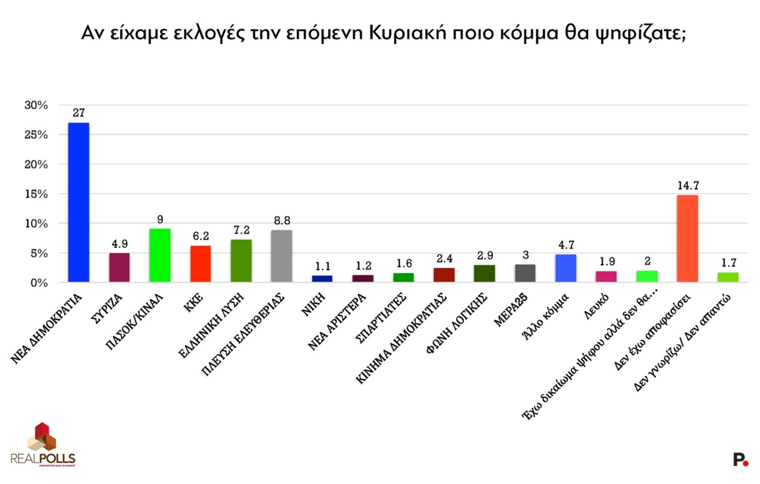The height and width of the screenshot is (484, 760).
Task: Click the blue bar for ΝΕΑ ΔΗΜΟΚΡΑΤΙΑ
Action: pyautogui.click(x=79, y=202)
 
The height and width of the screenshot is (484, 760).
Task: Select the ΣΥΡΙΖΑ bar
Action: pyautogui.click(x=119, y=267)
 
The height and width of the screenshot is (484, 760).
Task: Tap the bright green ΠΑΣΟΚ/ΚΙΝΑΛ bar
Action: pyautogui.click(x=160, y=255)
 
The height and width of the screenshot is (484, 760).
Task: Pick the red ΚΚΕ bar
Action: pyautogui.click(x=201, y=264)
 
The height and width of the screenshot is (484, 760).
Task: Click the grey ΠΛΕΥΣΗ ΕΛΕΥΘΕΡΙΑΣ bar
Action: pyautogui.click(x=282, y=256)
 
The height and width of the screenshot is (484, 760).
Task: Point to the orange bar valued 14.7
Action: pyautogui.click(x=687, y=238)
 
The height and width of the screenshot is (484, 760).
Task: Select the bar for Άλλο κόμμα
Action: pyautogui.click(x=565, y=268)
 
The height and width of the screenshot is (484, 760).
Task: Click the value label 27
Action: pyautogui.click(x=79, y=113)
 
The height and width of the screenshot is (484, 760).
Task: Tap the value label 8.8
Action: pyautogui.click(x=282, y=220)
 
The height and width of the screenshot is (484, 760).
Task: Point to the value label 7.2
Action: pyautogui.click(x=241, y=230)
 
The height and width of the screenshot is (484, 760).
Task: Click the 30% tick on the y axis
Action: pyautogui.click(x=36, y=105)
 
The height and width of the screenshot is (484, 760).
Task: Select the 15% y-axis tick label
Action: pyautogui.click(x=36, y=194)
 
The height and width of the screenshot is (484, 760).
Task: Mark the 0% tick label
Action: pyautogui.click(x=39, y=283)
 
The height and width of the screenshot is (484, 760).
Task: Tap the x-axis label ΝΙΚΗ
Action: pyautogui.click(x=314, y=304)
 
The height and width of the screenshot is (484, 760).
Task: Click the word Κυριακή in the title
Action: pyautogui.click(x=404, y=33)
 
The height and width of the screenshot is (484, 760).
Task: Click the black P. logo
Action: pyautogui.click(x=740, y=460)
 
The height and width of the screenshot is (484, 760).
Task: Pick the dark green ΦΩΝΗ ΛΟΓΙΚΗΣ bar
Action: pyautogui.click(x=484, y=273)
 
